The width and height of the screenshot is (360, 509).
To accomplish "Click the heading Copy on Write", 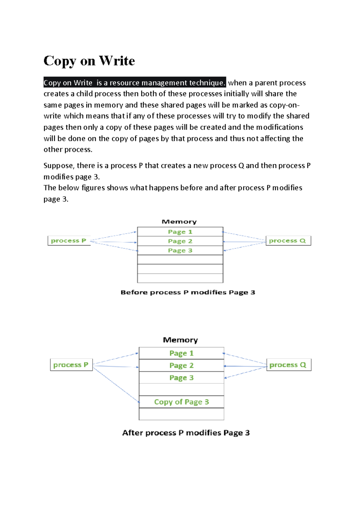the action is coord(89,61).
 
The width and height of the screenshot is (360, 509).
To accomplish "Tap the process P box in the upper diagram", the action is coord(69,241).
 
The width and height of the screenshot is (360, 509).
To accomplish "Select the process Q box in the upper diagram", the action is coord(288,241).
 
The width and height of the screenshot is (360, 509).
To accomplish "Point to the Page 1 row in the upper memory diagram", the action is coord(180,232).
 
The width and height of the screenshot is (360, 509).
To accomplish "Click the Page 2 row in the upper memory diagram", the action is coord(180,241).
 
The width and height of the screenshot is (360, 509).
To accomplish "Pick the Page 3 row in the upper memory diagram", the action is coord(180,250).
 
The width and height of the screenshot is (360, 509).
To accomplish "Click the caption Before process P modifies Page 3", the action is coord(188,293).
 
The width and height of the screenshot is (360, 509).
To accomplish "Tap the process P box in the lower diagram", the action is coord(71,365).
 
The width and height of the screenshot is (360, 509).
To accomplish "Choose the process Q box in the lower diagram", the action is coord(289,365).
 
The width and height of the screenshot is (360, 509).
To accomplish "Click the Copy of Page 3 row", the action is coord(181,402).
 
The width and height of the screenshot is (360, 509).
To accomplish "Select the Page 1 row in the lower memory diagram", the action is coord(181,353).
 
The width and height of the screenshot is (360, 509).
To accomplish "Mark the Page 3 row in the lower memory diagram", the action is coord(181,377).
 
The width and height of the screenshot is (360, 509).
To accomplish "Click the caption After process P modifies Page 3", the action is coord(186,433).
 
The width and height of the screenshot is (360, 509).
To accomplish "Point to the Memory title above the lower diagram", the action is coord(180,340).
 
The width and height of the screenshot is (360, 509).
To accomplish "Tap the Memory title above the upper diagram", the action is coord(179,222).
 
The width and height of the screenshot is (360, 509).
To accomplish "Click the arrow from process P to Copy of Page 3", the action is coord(116,385).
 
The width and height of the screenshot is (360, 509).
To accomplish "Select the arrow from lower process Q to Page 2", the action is coord(245,366).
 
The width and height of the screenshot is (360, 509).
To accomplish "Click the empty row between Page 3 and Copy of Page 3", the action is coord(181,390).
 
